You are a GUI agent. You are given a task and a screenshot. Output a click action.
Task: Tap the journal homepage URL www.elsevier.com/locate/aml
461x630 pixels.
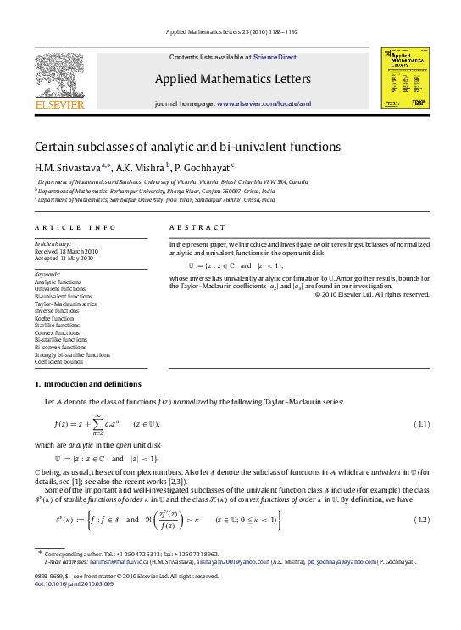pos(264,103)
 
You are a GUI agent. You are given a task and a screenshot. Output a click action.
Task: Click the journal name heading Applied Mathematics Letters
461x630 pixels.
pos(232,80)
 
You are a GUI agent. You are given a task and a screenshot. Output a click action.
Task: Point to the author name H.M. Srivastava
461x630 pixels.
pos(66,167)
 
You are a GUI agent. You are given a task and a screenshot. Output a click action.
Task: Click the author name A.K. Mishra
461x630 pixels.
pos(141,167)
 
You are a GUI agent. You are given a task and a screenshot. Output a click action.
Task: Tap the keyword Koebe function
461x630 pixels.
pos(54,318)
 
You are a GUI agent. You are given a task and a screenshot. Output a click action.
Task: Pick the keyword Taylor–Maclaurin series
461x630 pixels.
pos(64,304)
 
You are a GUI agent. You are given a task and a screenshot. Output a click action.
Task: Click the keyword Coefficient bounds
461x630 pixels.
pos(58,362)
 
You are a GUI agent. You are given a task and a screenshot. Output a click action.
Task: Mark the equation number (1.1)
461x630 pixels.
pos(419,423)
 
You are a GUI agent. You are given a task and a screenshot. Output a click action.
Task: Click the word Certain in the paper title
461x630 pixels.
pos(54,146)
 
